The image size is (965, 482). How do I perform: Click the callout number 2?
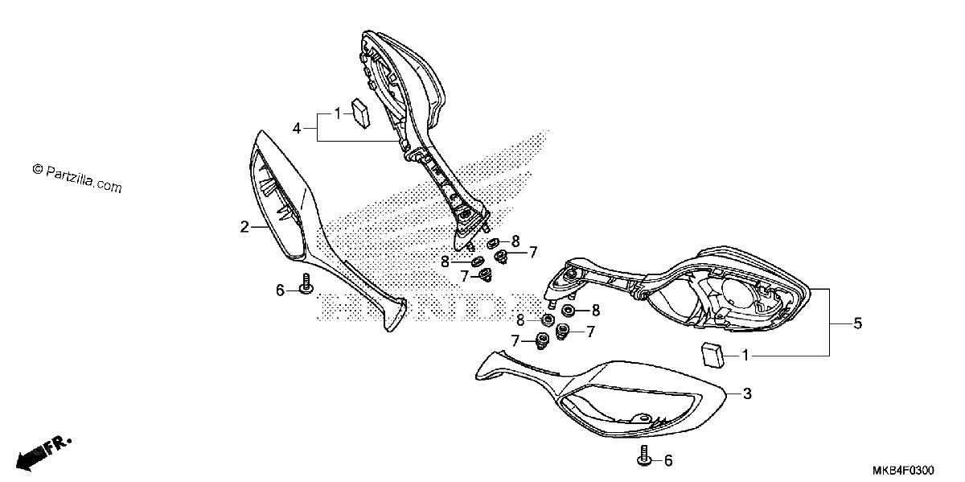tap(244, 227)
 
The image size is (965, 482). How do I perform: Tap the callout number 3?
tap(747, 393)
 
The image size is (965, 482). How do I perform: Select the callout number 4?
tap(297, 128)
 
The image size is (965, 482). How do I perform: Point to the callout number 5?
tap(858, 323)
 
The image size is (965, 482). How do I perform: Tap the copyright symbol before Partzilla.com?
tap(38, 169)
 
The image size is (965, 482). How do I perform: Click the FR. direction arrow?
tap(43, 454)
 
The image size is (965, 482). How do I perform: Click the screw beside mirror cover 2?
tap(306, 284)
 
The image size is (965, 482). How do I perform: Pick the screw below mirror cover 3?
tap(644, 456)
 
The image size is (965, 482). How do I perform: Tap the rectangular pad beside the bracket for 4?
tap(361, 113)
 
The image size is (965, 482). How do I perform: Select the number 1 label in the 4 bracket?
tap(338, 113)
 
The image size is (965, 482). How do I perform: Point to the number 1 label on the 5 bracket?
tap(745, 356)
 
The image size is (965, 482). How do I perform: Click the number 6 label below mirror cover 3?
tap(668, 461)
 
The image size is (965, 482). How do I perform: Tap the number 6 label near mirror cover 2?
tap(280, 290)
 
